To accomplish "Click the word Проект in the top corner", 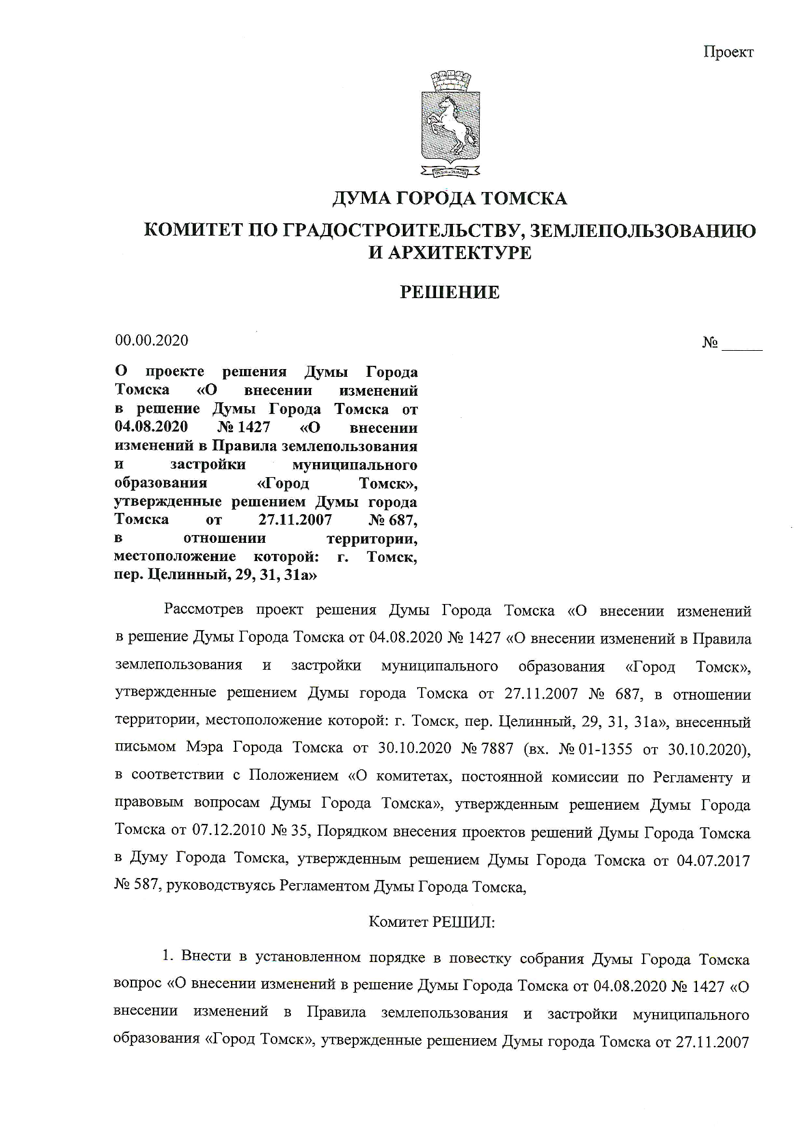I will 728,52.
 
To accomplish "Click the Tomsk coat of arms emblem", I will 450,126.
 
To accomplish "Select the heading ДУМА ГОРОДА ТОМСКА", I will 450,198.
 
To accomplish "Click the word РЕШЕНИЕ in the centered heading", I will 449,292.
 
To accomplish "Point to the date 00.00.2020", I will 152,340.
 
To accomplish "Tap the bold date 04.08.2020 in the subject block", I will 151,428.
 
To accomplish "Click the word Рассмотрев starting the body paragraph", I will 204,611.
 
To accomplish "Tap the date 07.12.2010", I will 227,831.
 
